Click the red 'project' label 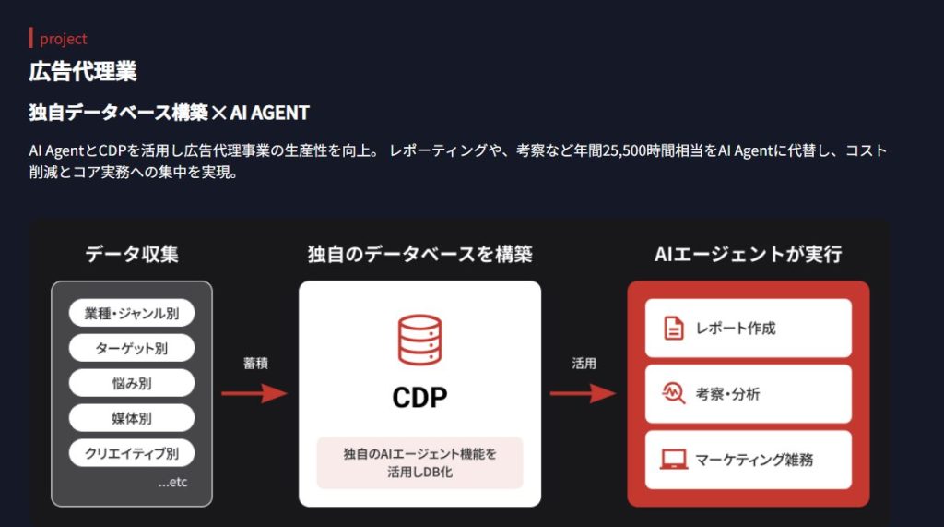point(63,39)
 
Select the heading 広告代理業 point(83,71)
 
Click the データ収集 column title point(132,254)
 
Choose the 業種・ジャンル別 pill point(132,313)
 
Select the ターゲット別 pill point(132,348)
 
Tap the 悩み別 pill point(132,383)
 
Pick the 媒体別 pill point(132,418)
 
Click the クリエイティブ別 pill point(132,453)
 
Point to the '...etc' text point(172,482)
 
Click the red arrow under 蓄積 point(254,394)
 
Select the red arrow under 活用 point(583,394)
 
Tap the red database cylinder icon point(419,340)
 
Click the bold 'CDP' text point(419,397)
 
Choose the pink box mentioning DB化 point(419,462)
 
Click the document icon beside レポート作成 point(675,328)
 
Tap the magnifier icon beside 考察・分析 point(675,394)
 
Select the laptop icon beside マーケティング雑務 point(675,459)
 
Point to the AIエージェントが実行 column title point(748,254)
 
